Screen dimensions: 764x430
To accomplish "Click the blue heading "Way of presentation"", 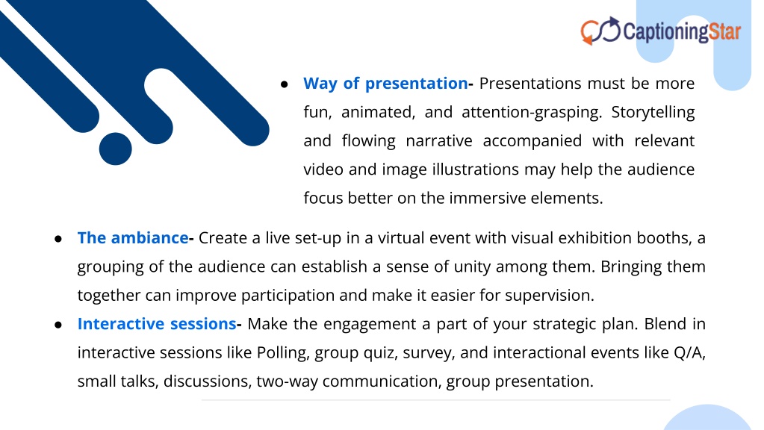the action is point(385,84).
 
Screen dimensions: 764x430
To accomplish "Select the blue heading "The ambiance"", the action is point(132,237).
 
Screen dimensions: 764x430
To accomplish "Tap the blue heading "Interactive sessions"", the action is point(157,324).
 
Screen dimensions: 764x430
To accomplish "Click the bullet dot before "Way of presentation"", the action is point(285,85).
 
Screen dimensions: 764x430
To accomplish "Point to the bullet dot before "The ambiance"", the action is point(58,239).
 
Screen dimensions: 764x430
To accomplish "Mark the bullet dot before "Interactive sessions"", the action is point(58,325).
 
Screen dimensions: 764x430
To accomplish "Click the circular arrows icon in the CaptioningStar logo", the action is point(600,31).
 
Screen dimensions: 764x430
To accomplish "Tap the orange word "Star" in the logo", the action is point(724,31).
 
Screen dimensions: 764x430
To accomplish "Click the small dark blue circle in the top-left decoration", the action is point(116,149).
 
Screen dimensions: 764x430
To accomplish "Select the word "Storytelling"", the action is point(653,113).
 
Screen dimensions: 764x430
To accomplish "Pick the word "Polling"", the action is point(283,352).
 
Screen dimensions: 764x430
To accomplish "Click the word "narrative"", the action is point(439,141).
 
